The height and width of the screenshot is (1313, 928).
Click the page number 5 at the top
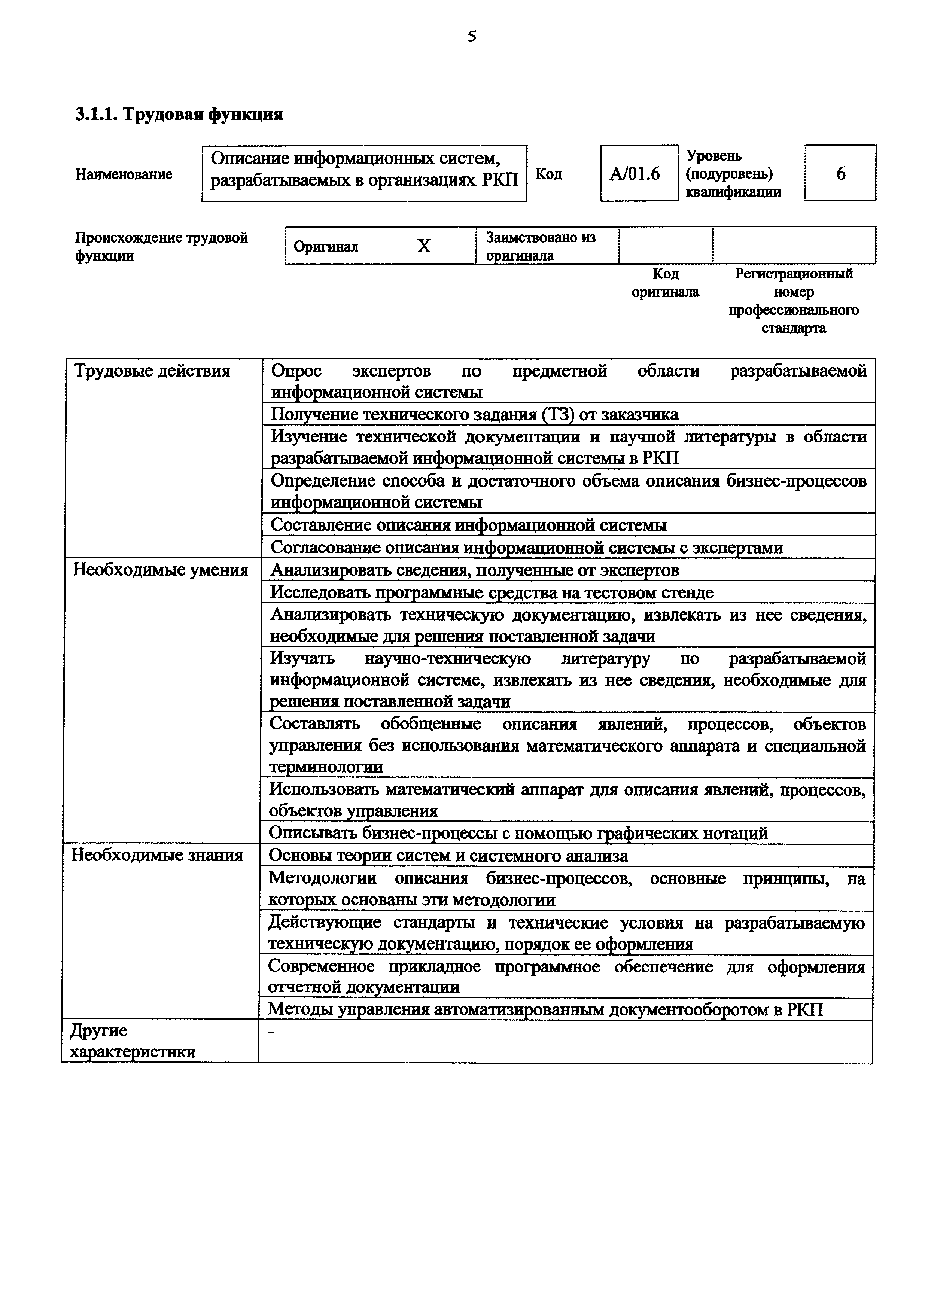click(x=471, y=37)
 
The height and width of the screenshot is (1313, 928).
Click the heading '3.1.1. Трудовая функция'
click(x=179, y=115)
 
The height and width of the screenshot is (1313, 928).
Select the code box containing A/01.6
click(x=638, y=173)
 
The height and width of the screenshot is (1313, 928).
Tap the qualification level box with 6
click(x=840, y=173)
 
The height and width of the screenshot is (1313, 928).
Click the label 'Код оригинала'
click(x=665, y=283)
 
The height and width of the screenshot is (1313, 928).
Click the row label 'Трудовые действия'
click(x=152, y=371)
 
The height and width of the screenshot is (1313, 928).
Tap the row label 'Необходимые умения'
click(x=160, y=570)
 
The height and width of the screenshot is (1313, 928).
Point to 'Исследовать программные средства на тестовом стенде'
click(x=491, y=592)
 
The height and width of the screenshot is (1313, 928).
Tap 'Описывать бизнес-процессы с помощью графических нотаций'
click(x=518, y=833)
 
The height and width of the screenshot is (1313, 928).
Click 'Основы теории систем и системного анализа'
click(x=448, y=856)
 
